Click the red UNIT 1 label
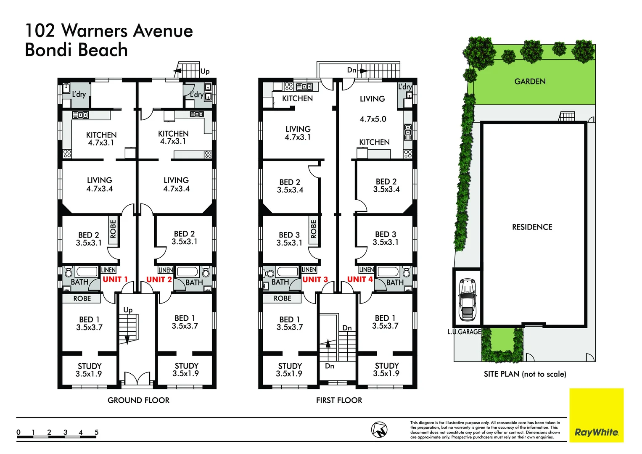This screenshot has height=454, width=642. [x=115, y=279]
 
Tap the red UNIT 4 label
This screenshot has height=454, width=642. [x=360, y=279]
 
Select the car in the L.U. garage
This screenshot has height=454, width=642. [x=467, y=299]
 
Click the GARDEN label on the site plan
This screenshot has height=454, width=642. [x=530, y=82]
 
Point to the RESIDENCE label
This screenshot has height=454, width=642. [x=532, y=227]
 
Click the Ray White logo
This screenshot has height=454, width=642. [x=596, y=432]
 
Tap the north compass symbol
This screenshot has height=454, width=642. [x=379, y=430]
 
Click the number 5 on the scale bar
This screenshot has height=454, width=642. [x=96, y=432]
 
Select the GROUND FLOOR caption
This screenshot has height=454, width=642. [x=138, y=400]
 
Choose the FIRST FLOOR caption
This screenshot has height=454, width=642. [x=339, y=400]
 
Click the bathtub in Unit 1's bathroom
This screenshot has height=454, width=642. [x=87, y=271]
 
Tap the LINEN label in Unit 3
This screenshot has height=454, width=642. [x=309, y=269]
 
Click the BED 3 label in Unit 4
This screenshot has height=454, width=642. [x=386, y=234]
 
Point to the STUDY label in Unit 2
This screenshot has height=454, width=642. [x=186, y=366]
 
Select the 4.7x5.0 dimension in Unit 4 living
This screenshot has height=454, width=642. [x=373, y=119]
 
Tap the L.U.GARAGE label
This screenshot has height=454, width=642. [x=464, y=332]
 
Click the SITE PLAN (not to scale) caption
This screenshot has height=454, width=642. [x=525, y=374]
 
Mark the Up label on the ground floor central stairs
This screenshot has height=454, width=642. [x=128, y=310]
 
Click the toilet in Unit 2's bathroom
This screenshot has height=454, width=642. [x=206, y=272]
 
